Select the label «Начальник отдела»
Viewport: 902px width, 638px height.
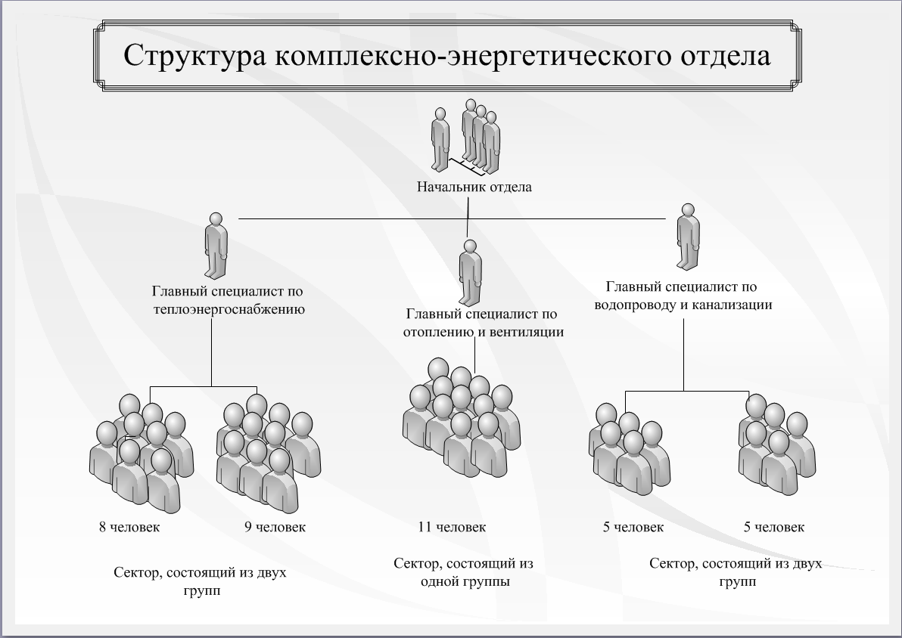(474, 187)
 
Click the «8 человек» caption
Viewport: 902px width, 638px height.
(129, 527)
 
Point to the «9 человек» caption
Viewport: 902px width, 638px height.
(275, 527)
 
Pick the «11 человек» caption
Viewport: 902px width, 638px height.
(452, 527)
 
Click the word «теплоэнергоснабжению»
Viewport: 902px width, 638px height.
(229, 308)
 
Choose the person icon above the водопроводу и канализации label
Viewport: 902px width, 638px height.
(688, 236)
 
